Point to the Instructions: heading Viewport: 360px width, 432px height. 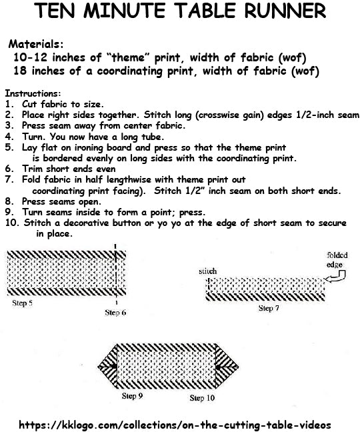(x=33, y=94)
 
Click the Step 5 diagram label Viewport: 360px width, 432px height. (x=23, y=303)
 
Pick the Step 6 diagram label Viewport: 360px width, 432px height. (x=116, y=312)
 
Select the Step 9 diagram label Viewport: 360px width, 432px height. (x=131, y=396)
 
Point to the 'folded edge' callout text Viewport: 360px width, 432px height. (x=337, y=259)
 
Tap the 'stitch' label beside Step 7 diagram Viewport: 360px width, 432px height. (x=208, y=272)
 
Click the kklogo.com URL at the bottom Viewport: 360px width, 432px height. (x=175, y=424)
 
